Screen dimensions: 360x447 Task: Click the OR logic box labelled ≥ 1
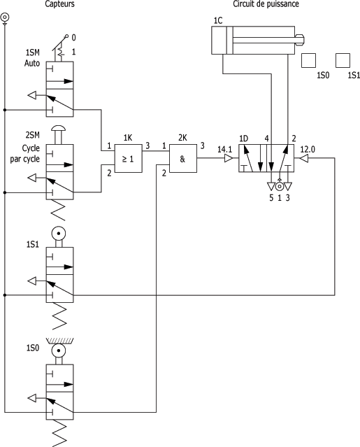[x=128, y=158]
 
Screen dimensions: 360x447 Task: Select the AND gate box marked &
[x=183, y=158]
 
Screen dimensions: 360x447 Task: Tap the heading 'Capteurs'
[x=60, y=4]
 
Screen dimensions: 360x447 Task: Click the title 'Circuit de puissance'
[x=266, y=4]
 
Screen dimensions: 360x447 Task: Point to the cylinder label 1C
[x=218, y=20]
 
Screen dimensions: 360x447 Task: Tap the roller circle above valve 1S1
[x=59, y=234]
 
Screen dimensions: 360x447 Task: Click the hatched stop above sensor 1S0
[x=59, y=341]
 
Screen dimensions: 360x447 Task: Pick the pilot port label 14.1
[x=224, y=149]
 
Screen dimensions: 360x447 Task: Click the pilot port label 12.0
[x=308, y=149]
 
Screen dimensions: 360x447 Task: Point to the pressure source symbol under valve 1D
[x=280, y=187]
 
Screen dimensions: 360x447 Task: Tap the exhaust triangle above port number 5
[x=271, y=187]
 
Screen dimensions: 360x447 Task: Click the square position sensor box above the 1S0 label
[x=308, y=60]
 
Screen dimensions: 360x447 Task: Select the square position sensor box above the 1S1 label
[x=343, y=60]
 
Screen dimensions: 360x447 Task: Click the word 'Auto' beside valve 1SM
[x=32, y=63]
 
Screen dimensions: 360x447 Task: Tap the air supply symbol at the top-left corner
[x=5, y=17]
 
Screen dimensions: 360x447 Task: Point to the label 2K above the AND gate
[x=182, y=137]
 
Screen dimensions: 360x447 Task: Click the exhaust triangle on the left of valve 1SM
[x=32, y=95]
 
